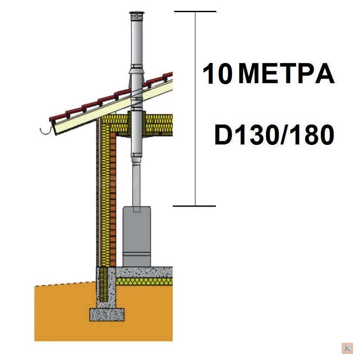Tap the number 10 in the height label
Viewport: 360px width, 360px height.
(217, 74)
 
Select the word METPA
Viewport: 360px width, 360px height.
(286, 74)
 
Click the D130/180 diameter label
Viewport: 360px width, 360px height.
(274, 135)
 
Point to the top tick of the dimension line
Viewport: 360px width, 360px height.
(195, 11)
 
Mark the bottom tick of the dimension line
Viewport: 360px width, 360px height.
(194, 206)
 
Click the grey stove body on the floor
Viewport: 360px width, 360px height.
(137, 237)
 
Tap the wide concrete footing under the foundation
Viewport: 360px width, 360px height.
(107, 314)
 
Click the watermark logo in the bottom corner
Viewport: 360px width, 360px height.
(347, 348)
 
